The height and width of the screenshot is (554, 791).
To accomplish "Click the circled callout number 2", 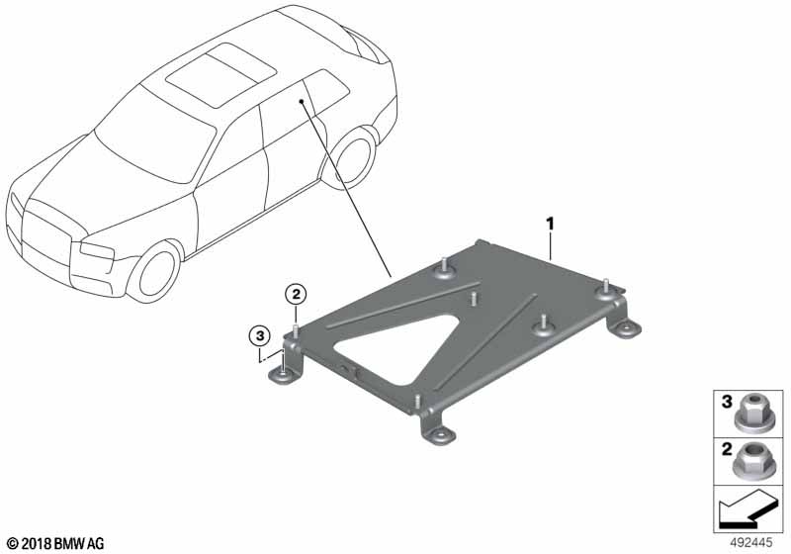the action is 296,294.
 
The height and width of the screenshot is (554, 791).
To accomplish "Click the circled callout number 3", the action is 259,335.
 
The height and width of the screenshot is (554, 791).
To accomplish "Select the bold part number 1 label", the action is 550,224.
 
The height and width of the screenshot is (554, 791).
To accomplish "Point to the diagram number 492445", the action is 751,543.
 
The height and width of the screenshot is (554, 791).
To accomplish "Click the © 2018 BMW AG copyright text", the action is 55,543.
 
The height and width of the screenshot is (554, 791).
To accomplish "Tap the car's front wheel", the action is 155,273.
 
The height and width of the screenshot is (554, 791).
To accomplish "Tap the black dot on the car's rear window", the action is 302,102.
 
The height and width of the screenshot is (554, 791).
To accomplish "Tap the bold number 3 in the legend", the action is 727,402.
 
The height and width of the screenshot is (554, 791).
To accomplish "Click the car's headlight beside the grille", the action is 97,250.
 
